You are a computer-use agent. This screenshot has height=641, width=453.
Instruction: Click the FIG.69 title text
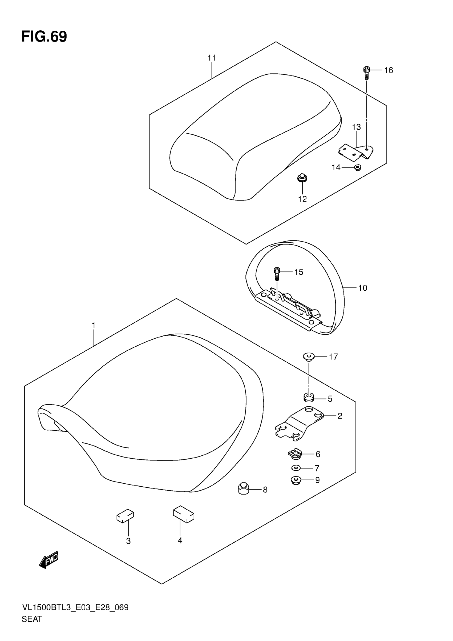click(44, 37)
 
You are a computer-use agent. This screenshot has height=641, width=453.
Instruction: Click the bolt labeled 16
click(366, 72)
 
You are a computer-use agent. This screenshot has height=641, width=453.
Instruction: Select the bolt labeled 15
click(277, 273)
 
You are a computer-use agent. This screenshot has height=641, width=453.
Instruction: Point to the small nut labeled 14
click(357, 167)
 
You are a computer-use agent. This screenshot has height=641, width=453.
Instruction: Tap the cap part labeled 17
click(309, 357)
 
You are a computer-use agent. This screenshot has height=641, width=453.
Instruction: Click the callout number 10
click(362, 288)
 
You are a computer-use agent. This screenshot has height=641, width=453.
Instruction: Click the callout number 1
click(94, 326)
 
